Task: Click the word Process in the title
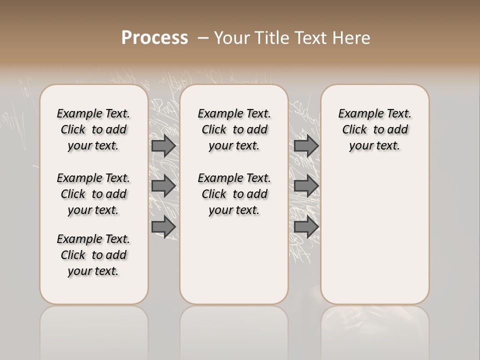pyautogui.click(x=154, y=38)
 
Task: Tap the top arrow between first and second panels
pyautogui.click(x=163, y=145)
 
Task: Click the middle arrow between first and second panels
pyautogui.click(x=163, y=186)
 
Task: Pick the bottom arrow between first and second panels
pyautogui.click(x=163, y=227)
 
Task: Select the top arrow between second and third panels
pyautogui.click(x=306, y=145)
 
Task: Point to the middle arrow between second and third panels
pyautogui.click(x=306, y=186)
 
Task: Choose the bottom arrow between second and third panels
pyautogui.click(x=306, y=227)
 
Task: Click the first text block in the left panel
pyautogui.click(x=93, y=129)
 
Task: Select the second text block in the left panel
pyautogui.click(x=93, y=194)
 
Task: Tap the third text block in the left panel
pyautogui.click(x=93, y=255)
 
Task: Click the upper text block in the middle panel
pyautogui.click(x=234, y=129)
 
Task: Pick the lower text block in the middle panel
pyautogui.click(x=234, y=194)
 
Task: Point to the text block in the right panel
pyautogui.click(x=374, y=129)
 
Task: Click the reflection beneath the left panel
pyautogui.click(x=94, y=330)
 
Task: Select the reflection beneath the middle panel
pyautogui.click(x=234, y=330)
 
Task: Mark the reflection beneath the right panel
pyautogui.click(x=374, y=330)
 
